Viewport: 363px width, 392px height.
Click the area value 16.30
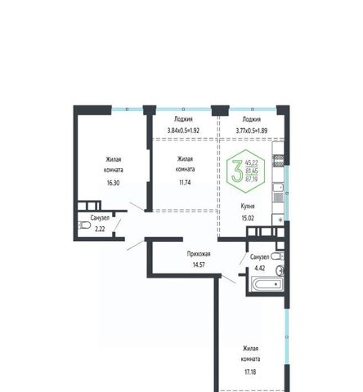pos(113,183)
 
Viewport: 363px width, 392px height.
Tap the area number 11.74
pos(185,182)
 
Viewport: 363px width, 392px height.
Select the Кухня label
pos(248,207)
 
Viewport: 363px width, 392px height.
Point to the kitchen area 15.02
pos(248,218)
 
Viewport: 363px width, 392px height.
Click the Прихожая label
pos(199,254)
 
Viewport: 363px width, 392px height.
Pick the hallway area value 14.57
pos(199,265)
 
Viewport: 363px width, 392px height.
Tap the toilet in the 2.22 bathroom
pos(84,225)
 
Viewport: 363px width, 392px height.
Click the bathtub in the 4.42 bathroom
pos(267,284)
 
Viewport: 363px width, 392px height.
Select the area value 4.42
pos(260,268)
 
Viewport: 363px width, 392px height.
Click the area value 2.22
pos(100,229)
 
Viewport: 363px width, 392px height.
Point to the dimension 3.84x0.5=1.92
pos(183,131)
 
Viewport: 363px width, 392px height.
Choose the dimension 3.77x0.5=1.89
pos(252,131)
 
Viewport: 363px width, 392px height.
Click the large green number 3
pos(237,171)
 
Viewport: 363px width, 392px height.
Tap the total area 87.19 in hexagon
pos(252,179)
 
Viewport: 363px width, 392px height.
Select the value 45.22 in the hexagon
pos(252,163)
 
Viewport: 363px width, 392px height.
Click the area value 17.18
pos(250,372)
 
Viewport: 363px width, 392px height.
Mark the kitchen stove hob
pos(279,160)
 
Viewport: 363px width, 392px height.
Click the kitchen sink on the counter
pos(278,187)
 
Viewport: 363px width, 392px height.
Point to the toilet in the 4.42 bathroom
pos(277,256)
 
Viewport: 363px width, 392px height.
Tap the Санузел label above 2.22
pos(100,218)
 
